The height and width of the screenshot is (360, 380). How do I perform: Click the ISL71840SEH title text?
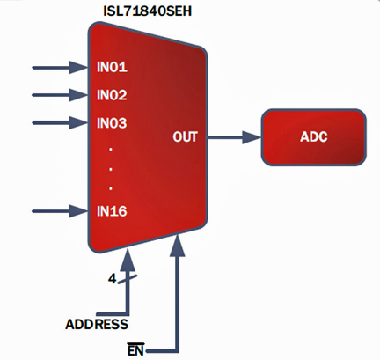click(x=148, y=11)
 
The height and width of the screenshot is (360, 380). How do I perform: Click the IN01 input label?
click(x=112, y=67)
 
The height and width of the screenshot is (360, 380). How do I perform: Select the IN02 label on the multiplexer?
click(x=112, y=95)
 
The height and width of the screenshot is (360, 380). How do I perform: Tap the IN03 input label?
click(x=112, y=123)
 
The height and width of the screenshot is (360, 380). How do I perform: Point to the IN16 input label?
click(x=112, y=211)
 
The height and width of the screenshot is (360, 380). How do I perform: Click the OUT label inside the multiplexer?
click(x=185, y=137)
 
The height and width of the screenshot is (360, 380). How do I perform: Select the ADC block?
click(x=314, y=137)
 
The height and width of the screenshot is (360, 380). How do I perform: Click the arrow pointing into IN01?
click(x=60, y=68)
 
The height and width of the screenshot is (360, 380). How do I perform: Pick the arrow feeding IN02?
click(x=60, y=95)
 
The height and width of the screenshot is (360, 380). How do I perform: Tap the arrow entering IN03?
click(x=60, y=122)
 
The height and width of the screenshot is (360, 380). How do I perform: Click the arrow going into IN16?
click(x=60, y=211)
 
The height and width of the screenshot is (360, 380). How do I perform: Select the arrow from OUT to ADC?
click(x=234, y=137)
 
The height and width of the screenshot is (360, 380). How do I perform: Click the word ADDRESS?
click(x=97, y=324)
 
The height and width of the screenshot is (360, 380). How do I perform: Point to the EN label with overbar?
click(x=135, y=349)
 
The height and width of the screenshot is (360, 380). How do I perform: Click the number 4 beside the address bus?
click(x=112, y=279)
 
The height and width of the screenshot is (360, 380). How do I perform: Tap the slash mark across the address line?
click(x=128, y=279)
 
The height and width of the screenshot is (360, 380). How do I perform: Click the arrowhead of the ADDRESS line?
click(x=128, y=260)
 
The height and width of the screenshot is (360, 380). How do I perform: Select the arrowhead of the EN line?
click(x=178, y=245)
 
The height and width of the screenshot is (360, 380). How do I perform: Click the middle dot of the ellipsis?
click(x=111, y=169)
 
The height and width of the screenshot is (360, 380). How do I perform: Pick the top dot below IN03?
click(x=111, y=149)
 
